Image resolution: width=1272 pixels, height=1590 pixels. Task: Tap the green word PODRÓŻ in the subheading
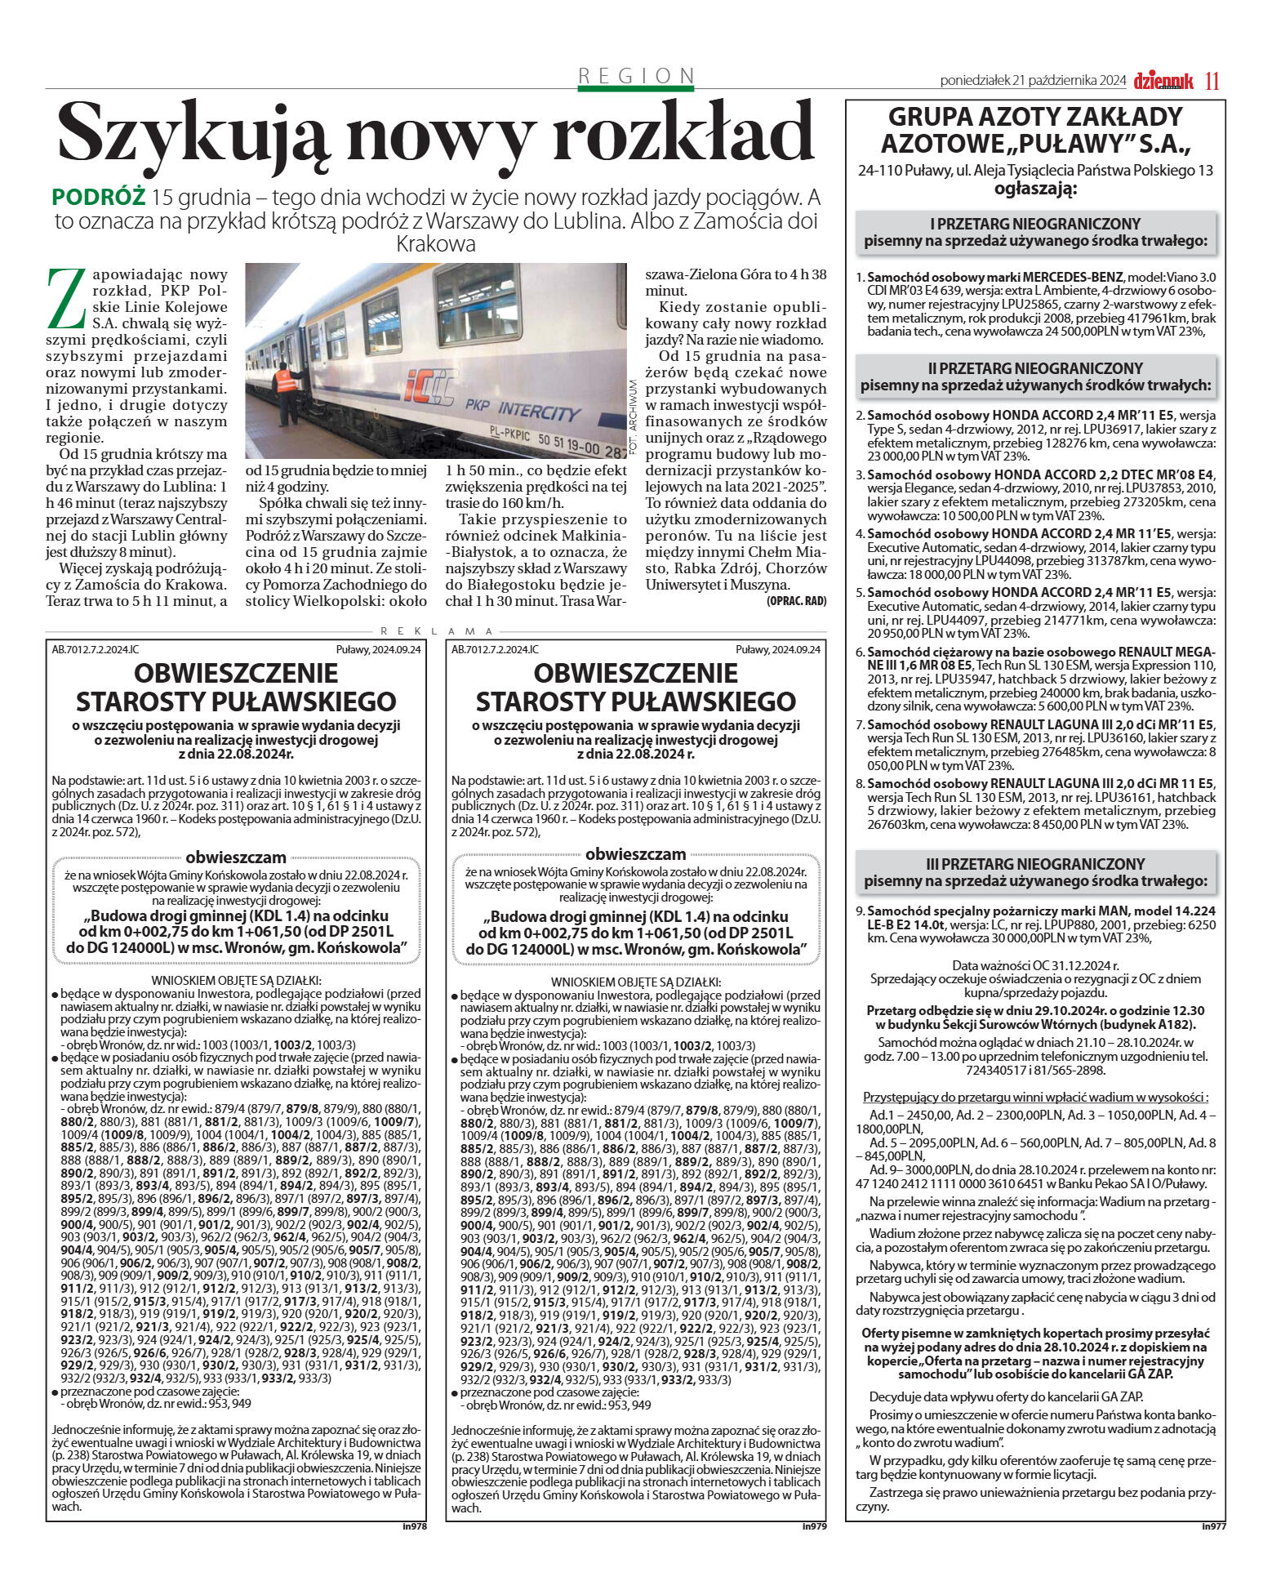98,198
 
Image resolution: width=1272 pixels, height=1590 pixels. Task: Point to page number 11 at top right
1212,81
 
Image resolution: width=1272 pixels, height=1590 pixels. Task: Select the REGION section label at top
636,76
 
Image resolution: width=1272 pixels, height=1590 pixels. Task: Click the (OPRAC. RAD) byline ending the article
796,601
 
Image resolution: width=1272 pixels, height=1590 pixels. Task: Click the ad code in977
1213,1525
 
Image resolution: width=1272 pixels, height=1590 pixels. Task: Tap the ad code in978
415,1525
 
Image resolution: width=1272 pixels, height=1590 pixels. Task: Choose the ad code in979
814,1525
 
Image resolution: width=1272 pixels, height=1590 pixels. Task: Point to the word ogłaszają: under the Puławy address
1035,189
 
